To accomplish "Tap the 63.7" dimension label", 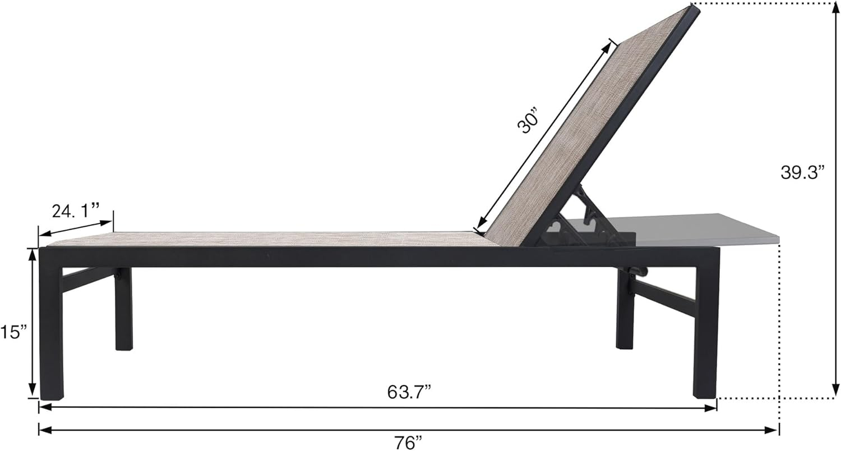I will pos(409,392).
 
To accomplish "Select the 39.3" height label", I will pos(803,173).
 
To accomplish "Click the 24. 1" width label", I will pos(75,211).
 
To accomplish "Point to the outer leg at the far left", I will pos(51,331).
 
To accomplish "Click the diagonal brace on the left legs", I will pos(87,278).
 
